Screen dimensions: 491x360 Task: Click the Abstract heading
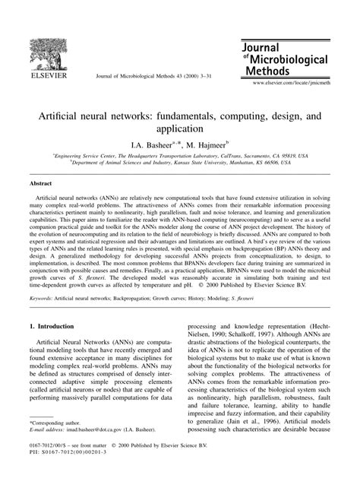click(43, 183)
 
